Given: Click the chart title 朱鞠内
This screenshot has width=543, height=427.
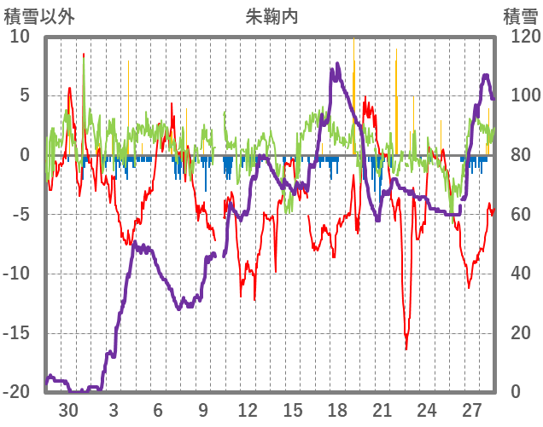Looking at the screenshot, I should [x=271, y=16].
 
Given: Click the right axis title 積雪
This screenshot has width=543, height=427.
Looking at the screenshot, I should [x=520, y=16].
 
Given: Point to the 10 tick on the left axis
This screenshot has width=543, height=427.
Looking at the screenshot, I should [x=20, y=37].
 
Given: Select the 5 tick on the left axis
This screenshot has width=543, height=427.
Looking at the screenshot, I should [x=25, y=95].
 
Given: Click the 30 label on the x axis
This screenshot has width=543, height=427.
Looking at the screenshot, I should [x=68, y=410].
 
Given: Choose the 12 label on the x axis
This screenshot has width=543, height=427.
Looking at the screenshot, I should [x=248, y=410].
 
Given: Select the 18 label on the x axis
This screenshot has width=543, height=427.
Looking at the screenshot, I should [x=337, y=410].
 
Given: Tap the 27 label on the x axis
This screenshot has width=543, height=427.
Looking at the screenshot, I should [x=471, y=410].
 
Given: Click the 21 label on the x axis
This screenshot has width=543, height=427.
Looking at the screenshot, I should [x=382, y=410].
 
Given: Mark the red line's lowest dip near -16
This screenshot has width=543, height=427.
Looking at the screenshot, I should [x=406, y=348].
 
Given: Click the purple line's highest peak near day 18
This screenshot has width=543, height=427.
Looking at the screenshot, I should [x=338, y=64].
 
